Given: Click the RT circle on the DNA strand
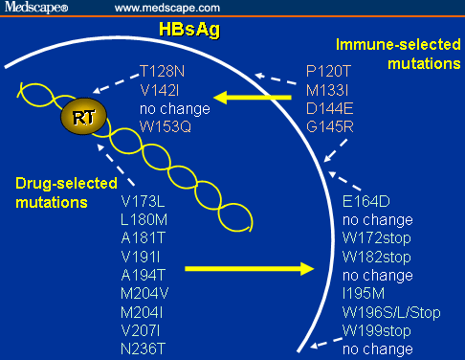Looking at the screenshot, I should tap(79, 118).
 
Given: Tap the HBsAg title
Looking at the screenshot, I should tap(189, 31).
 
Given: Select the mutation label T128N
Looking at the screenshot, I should tap(162, 71).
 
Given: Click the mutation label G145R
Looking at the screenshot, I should tap(330, 125).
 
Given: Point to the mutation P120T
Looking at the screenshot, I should tap(329, 71).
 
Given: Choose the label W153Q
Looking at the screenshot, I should tap(164, 125).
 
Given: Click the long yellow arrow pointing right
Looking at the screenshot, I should tap(249, 269).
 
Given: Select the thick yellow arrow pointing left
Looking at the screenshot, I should tap(251, 97).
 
